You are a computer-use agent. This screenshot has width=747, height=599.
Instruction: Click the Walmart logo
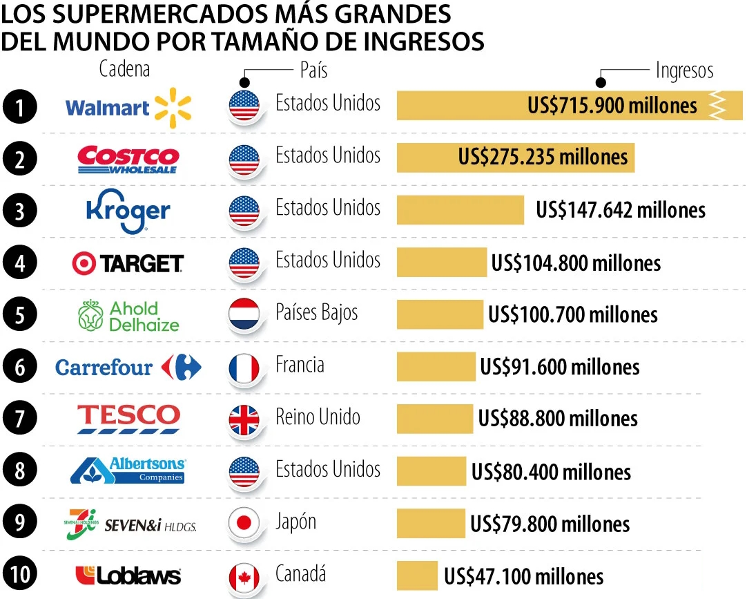128,108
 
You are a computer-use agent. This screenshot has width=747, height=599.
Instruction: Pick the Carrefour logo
128,367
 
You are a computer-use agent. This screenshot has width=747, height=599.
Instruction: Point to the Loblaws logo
128,575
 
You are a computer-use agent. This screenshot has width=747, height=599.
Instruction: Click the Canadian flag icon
244,576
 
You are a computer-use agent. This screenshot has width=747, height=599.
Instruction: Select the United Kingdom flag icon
244,419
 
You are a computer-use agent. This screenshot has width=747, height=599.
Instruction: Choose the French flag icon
244,368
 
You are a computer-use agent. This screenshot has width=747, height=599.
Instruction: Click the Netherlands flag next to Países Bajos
244,315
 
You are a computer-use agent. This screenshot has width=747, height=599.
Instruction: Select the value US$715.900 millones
612,106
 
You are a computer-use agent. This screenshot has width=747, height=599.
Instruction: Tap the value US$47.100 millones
523,576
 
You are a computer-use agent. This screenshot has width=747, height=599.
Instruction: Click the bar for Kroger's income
460,210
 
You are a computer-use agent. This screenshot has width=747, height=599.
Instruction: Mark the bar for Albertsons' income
431,471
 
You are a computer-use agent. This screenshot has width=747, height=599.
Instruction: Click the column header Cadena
124,69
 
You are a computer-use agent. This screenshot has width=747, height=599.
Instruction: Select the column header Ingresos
683,70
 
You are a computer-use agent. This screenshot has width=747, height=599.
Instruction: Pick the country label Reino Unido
318,417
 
